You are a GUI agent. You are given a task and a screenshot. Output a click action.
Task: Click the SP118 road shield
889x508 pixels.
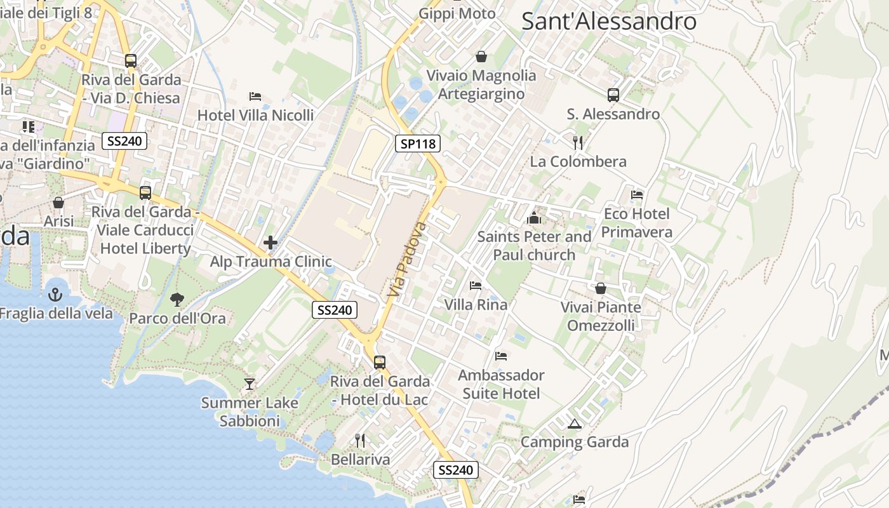click(417, 144)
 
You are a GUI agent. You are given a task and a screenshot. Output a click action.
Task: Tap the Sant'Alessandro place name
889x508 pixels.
click(608, 21)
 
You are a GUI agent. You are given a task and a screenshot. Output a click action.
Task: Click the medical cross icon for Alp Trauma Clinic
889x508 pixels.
click(271, 243)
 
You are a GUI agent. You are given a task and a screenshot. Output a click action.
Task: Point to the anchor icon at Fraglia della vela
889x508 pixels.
click(55, 295)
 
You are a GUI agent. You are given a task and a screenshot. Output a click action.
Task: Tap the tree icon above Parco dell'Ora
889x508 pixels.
click(177, 299)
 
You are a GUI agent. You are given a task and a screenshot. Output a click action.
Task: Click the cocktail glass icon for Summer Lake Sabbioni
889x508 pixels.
click(250, 384)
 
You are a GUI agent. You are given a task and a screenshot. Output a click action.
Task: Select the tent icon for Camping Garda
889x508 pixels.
click(575, 424)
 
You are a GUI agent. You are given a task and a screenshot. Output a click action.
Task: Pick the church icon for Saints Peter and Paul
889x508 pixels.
click(534, 218)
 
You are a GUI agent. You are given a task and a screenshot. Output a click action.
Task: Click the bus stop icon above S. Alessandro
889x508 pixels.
click(613, 95)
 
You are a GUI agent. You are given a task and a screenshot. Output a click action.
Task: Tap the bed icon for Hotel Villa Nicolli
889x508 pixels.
click(255, 97)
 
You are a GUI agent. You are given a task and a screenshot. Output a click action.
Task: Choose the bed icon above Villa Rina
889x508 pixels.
click(476, 285)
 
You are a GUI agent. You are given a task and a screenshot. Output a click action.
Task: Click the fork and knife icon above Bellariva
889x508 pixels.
click(360, 440)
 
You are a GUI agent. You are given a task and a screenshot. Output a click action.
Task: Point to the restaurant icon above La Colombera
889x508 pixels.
click(578, 142)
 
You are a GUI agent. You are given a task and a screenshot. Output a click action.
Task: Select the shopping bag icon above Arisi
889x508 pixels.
click(58, 203)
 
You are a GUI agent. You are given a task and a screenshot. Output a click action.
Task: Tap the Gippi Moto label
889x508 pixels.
click(457, 13)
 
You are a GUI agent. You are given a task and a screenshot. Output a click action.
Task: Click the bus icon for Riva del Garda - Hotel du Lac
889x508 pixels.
click(380, 363)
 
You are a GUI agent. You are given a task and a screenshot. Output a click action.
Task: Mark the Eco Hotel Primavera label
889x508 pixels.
click(637, 223)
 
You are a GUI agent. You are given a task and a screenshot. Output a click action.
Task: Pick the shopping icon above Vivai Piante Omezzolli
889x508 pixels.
click(601, 288)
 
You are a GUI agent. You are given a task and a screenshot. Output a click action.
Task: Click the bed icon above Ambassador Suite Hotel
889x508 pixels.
click(501, 356)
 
